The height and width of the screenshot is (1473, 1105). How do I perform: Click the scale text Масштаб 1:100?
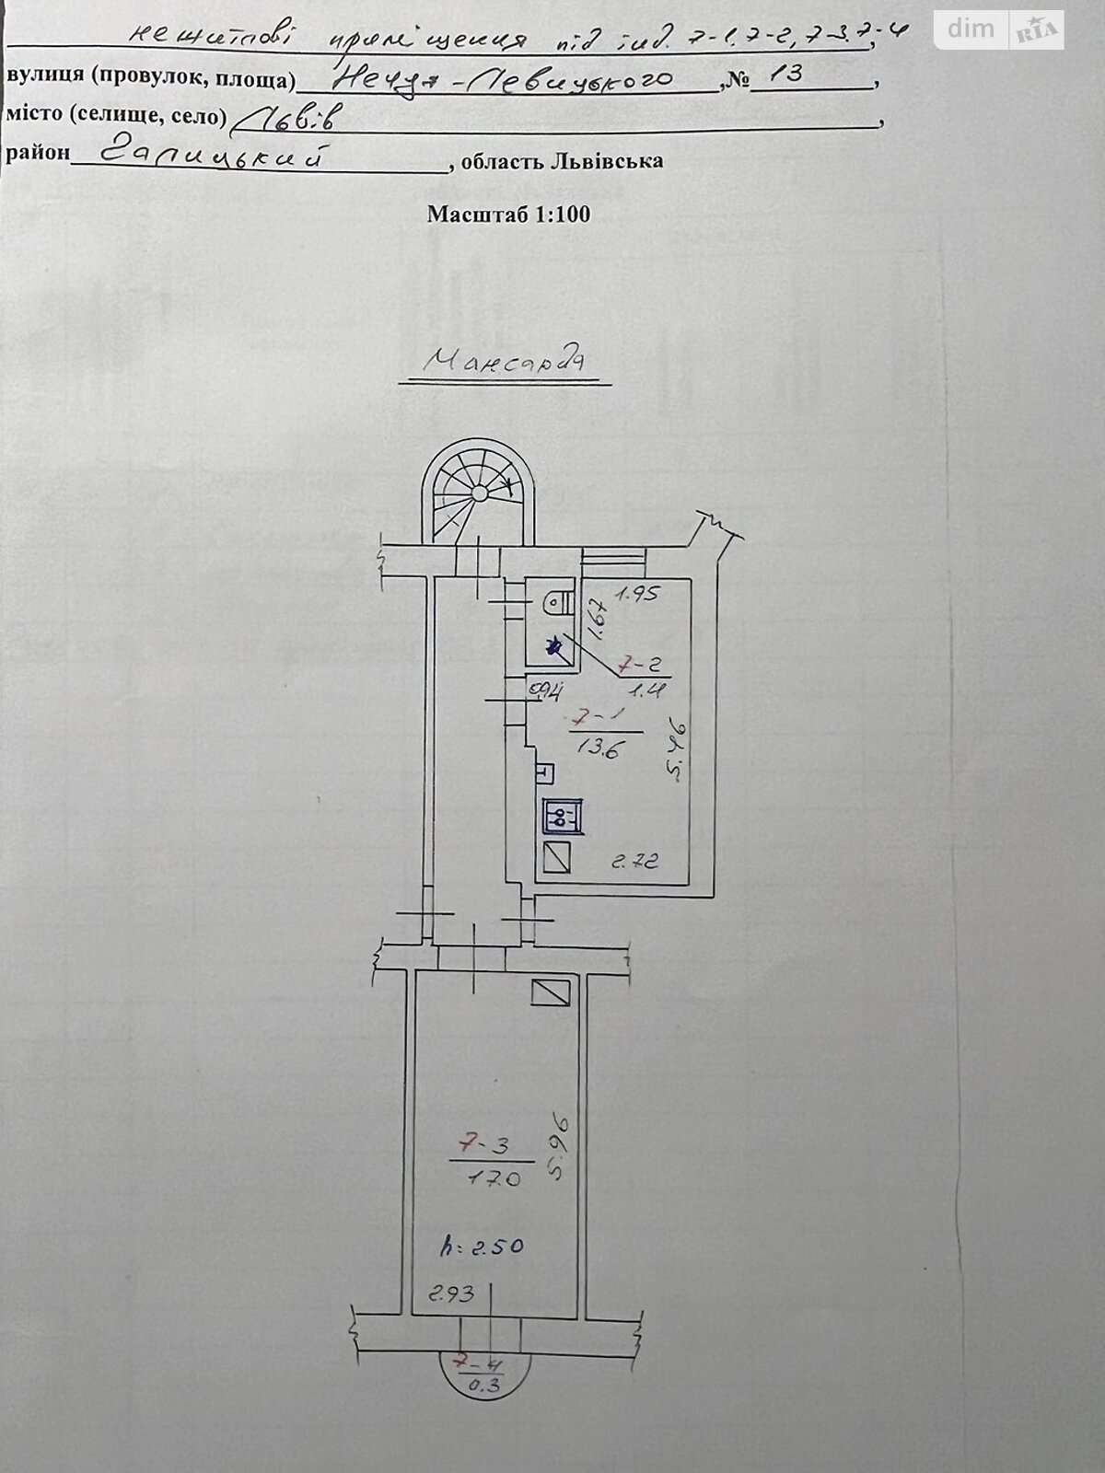(x=508, y=215)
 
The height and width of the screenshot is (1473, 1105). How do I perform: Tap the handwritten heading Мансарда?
(x=505, y=361)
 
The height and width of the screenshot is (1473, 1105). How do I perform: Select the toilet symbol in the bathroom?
(x=554, y=603)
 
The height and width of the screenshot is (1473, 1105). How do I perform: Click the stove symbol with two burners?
(x=561, y=815)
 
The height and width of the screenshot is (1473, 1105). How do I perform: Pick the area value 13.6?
(x=596, y=748)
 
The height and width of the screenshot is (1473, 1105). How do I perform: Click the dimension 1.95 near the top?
(x=638, y=595)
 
